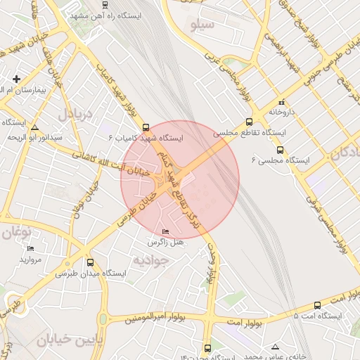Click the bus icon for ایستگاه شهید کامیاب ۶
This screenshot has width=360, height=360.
pyautogui.click(x=146, y=128)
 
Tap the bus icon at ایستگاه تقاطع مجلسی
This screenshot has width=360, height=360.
pyautogui.click(x=272, y=112)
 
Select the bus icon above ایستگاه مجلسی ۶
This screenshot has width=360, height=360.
pyautogui.click(x=281, y=150)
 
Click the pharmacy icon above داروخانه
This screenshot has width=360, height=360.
pyautogui.click(x=282, y=101)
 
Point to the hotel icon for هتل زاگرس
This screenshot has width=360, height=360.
pyautogui.click(x=165, y=231)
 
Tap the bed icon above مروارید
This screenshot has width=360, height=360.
pyautogui.click(x=30, y=249)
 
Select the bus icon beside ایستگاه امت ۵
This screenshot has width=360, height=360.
pyautogui.click(x=317, y=305)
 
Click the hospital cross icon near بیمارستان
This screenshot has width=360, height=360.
pyautogui.click(x=16, y=79)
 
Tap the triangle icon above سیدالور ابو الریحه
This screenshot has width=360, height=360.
pyautogui.click(x=35, y=127)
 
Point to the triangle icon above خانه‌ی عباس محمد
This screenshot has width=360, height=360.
pyautogui.click(x=274, y=347)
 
